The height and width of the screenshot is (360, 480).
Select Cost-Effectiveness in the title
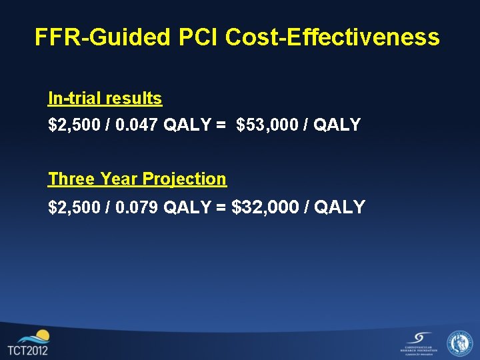pyautogui.click(x=333, y=37)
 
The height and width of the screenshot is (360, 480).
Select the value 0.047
pyautogui.click(x=136, y=125)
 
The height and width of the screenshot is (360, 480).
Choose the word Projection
pyautogui.click(x=185, y=179)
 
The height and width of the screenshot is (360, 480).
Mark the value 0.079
pyautogui.click(x=136, y=207)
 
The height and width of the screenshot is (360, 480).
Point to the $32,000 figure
pyautogui.click(x=264, y=207)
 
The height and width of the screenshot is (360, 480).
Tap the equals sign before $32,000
pyautogui.click(x=221, y=207)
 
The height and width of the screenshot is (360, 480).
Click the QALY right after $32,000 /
pyautogui.click(x=339, y=207)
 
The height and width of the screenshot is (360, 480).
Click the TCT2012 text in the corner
pyautogui.click(x=27, y=351)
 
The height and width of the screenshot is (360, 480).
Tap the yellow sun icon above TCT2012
pyautogui.click(x=42, y=335)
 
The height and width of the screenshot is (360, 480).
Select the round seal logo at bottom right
pyautogui.click(x=459, y=343)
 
